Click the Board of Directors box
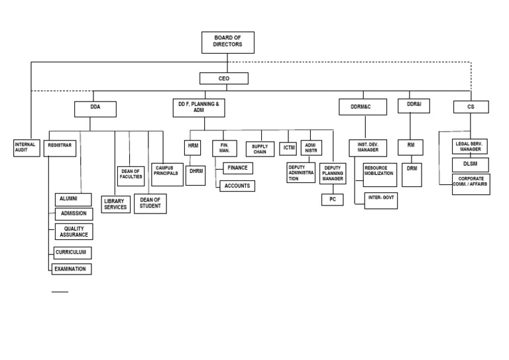pos(228,42)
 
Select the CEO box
pos(223,79)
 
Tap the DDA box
pos(95,107)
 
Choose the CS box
pos(471,106)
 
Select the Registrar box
pos(60,147)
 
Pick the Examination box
pos(72,269)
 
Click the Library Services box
pos(116,204)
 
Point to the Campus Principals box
pos(168,171)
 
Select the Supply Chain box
pos(259,149)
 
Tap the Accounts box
pos(237,186)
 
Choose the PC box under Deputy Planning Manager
pos(332,198)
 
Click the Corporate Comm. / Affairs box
pos(471,183)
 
